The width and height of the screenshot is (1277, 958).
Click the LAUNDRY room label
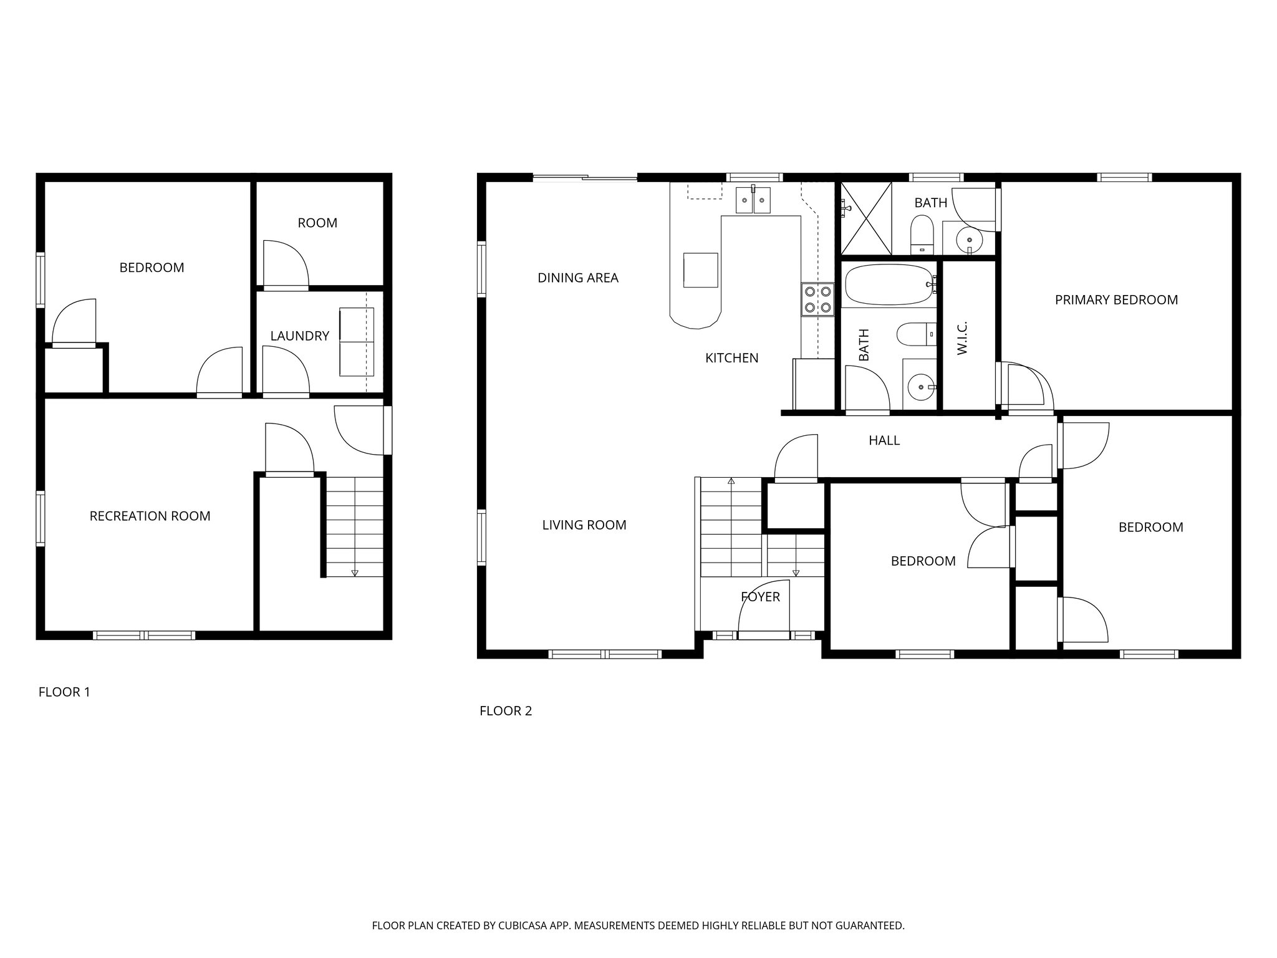[x=299, y=336]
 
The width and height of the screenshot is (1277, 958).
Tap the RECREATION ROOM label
[x=150, y=516]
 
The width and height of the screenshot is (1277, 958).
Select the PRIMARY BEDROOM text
[x=1116, y=300]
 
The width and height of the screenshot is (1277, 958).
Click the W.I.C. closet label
[x=962, y=339]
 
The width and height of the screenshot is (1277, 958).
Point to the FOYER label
[x=760, y=597]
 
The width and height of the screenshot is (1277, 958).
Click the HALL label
[x=884, y=441]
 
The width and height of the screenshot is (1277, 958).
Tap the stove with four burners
[x=817, y=299]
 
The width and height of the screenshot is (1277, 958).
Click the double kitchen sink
[x=753, y=200]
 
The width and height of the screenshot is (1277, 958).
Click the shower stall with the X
[x=865, y=218]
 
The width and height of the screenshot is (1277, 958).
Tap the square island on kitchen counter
[x=700, y=269]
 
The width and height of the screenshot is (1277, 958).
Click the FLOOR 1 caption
[x=64, y=692]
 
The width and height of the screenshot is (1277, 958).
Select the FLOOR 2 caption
[x=506, y=711]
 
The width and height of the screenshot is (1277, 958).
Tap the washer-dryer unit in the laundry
[x=356, y=342]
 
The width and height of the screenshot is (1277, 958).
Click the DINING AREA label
[x=577, y=278]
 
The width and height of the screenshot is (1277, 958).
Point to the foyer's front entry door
[x=763, y=634]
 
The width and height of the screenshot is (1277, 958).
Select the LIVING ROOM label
[x=584, y=525]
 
